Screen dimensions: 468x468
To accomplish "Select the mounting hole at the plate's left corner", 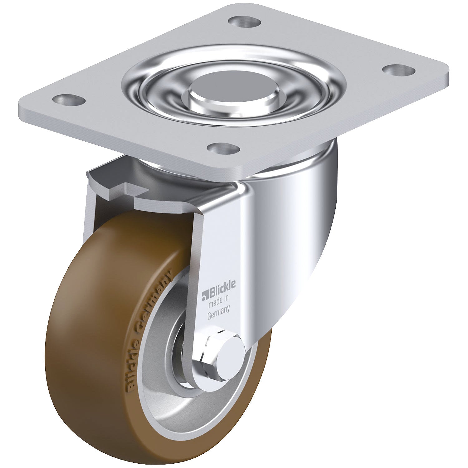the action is [x=69, y=100].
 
